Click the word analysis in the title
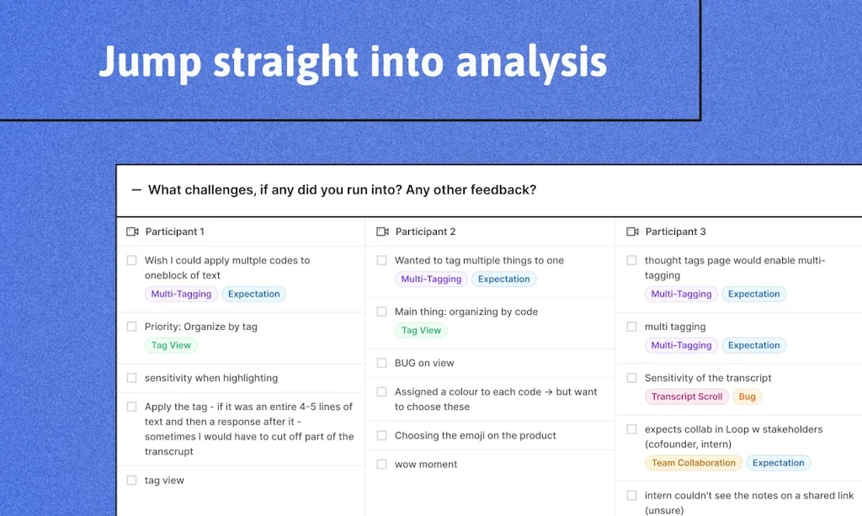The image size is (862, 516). [x=531, y=62]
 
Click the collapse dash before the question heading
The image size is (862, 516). [x=136, y=190]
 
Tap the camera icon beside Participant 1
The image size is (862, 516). [x=132, y=231]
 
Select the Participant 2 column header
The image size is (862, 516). [x=425, y=231]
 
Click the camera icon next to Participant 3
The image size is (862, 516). [x=633, y=231]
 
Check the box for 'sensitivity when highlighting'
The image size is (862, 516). [x=131, y=378]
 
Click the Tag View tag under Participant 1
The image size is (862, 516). [x=171, y=345]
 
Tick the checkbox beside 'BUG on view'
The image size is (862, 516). [x=381, y=364]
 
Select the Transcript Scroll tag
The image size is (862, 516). [x=687, y=396]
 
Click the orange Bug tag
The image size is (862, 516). [x=748, y=396]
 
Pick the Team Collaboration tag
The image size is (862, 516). [x=694, y=463]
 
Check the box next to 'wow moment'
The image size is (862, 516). [x=381, y=465]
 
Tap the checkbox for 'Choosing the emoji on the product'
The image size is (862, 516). [x=381, y=436]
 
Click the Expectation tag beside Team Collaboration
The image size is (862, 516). [x=778, y=463]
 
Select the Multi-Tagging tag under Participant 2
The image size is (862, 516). [x=431, y=279]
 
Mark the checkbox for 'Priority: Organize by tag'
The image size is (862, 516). [x=131, y=327]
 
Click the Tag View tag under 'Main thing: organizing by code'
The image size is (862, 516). [x=421, y=330]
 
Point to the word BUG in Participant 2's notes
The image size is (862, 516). [x=405, y=364]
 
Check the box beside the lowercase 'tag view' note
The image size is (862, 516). [x=131, y=481]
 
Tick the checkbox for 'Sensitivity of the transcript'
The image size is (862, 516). [x=631, y=378]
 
